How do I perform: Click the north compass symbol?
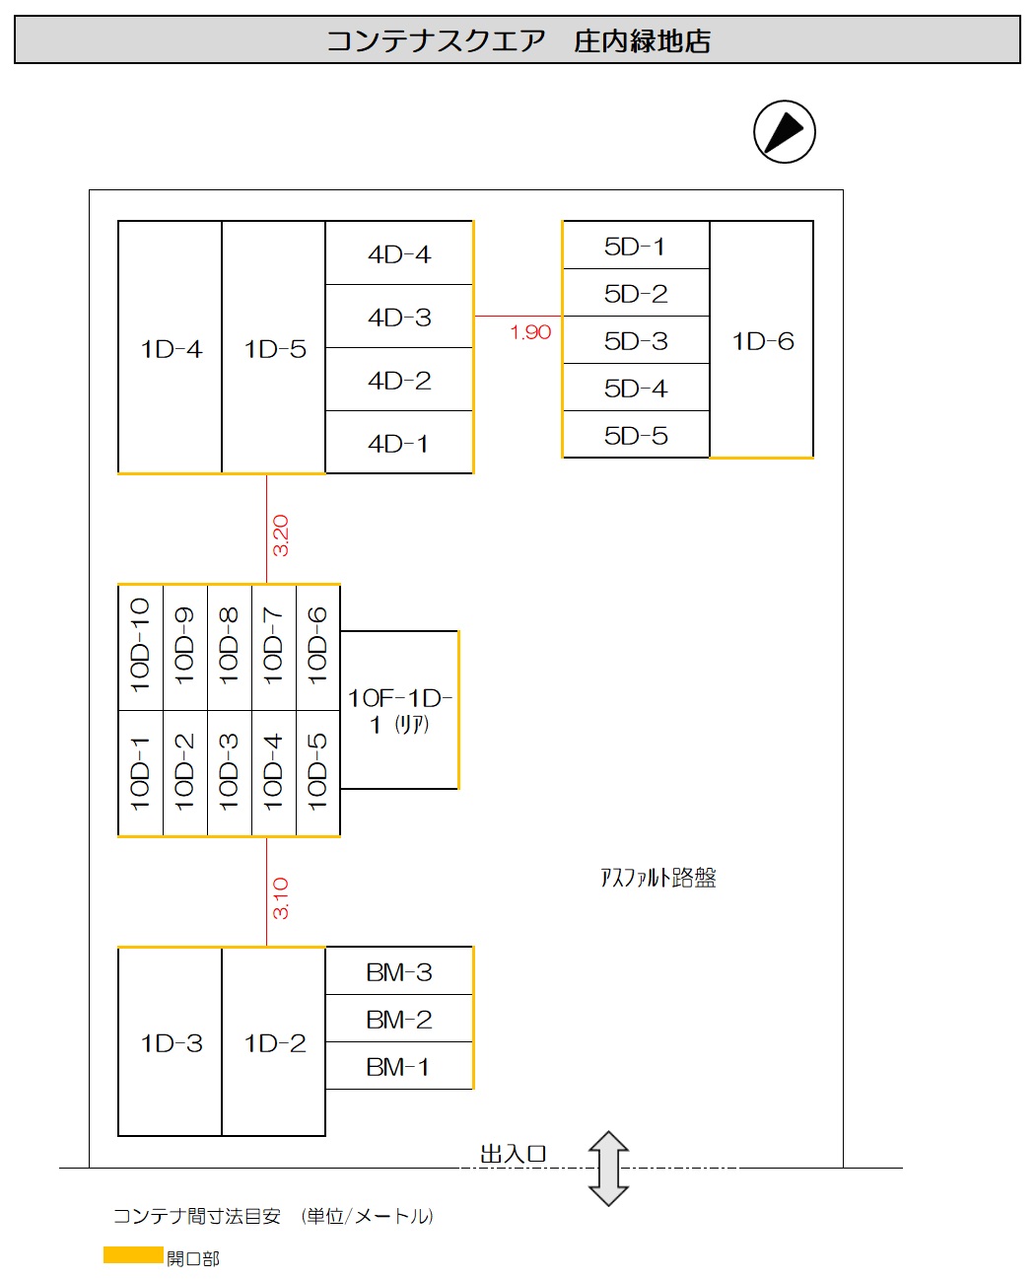point(784,131)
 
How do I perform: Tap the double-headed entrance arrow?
point(608,1168)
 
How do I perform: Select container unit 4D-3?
point(399,316)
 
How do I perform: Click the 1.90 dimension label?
point(530,332)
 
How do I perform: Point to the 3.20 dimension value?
point(280,535)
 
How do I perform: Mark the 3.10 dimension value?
point(280,898)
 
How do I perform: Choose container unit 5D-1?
point(636,245)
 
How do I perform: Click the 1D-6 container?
point(761,339)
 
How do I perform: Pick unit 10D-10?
point(140,647)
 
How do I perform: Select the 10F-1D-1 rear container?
point(399,710)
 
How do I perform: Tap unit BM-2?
point(399,1019)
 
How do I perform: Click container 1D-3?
point(170,1041)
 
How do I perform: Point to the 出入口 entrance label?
point(513,1154)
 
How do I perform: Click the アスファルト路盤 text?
point(658,878)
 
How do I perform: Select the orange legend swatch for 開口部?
point(133,1255)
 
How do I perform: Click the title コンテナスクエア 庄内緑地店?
point(518,40)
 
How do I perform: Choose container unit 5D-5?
point(636,435)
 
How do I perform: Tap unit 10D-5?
point(318,773)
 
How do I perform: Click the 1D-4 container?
point(170,347)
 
